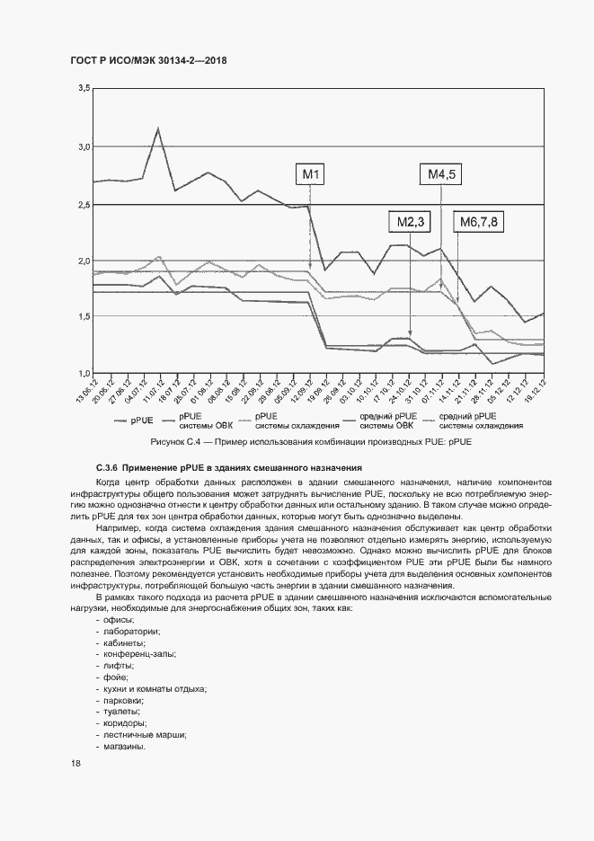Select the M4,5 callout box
click(440, 174)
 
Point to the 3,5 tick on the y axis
click(84, 88)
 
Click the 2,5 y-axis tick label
click(84, 204)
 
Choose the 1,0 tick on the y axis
click(84, 373)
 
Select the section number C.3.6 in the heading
click(107, 467)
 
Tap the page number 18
click(75, 763)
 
